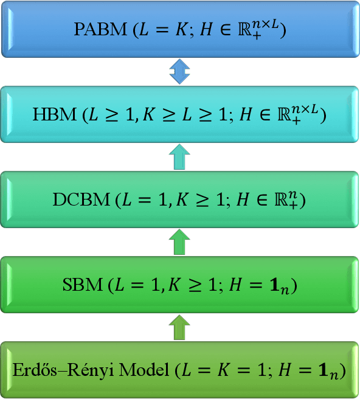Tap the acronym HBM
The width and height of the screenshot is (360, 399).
click(x=55, y=115)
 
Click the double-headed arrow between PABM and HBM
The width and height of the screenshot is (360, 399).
click(x=179, y=72)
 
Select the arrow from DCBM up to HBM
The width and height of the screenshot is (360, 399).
click(x=179, y=157)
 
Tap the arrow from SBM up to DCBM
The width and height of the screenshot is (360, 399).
click(x=179, y=242)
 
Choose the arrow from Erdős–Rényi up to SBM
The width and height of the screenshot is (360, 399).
click(x=179, y=327)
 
